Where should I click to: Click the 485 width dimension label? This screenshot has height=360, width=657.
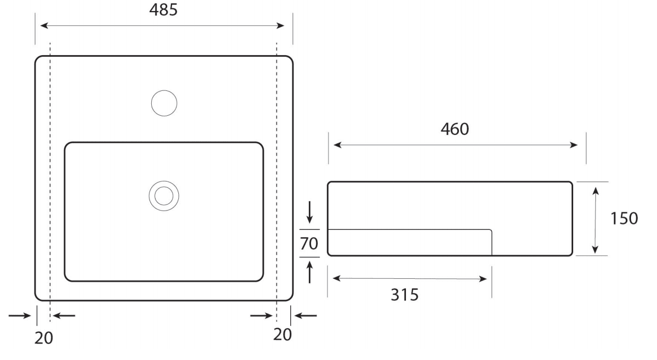(163, 10)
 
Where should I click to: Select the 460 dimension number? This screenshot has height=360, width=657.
(454, 129)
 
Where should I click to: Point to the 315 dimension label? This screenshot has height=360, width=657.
(404, 294)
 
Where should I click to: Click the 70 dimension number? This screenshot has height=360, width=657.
(309, 244)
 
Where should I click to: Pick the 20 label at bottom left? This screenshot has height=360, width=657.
(44, 338)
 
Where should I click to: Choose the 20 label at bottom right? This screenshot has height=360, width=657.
(282, 335)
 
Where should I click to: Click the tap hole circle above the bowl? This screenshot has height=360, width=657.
(164, 103)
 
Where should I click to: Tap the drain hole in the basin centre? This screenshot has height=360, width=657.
(163, 196)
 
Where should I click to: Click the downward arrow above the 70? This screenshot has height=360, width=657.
(310, 212)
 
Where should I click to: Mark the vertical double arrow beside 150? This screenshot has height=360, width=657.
(595, 219)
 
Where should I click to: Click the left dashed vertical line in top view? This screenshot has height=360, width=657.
(49, 175)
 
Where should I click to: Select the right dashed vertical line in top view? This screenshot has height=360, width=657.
(277, 175)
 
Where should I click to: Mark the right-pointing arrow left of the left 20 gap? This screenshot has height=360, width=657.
(20, 315)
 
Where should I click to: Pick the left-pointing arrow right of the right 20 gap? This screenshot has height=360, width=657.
(306, 315)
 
